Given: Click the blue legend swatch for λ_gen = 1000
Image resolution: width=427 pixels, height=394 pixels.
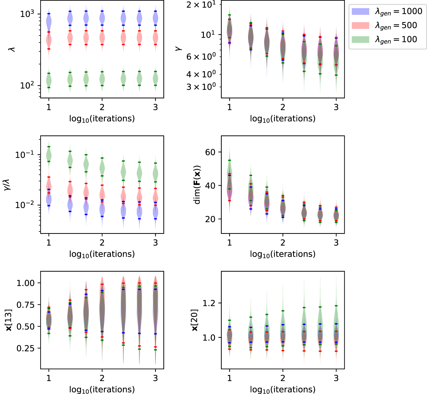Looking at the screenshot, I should click(x=360, y=11).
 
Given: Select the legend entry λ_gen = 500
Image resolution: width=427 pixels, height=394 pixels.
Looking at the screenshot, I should click(x=396, y=25).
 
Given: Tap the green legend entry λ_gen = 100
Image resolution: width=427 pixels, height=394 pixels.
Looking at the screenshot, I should click(x=396, y=39).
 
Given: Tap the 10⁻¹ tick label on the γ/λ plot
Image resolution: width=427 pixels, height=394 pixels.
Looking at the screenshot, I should click(x=25, y=155).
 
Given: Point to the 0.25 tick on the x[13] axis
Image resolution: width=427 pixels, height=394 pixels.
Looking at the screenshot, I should click(x=25, y=348).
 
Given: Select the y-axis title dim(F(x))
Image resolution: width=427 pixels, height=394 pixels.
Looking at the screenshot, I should click(x=197, y=185).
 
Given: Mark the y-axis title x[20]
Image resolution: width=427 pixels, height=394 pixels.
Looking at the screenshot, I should click(x=194, y=320).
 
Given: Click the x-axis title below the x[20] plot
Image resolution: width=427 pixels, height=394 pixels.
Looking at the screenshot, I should click(x=283, y=389).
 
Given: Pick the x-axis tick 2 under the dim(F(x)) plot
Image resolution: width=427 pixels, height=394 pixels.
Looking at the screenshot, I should click(x=283, y=242).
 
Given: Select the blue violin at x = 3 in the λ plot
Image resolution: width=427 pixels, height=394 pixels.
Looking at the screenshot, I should click(x=155, y=18).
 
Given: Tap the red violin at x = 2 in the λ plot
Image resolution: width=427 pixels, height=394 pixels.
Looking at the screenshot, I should click(x=102, y=38).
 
